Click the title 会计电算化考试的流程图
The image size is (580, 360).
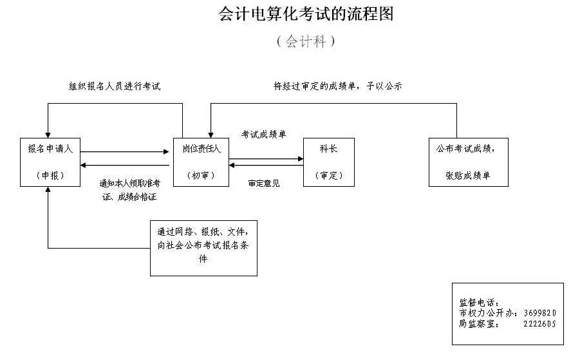(306, 14)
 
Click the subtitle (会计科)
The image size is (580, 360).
(306, 42)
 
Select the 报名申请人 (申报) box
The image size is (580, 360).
(50, 162)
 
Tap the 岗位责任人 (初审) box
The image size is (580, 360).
(200, 162)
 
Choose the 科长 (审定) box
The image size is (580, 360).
(328, 162)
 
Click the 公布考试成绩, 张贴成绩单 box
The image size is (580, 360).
(468, 162)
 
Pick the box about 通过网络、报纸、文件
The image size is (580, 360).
(203, 248)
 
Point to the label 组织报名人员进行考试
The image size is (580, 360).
(115, 86)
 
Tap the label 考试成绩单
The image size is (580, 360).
(263, 135)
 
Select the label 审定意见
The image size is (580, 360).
(264, 184)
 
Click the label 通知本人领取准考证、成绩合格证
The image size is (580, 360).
(129, 190)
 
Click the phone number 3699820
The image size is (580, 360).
(539, 313)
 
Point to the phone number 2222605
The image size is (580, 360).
(539, 324)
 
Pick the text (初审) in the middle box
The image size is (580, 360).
(200, 175)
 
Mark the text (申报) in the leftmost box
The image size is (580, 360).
(50, 175)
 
